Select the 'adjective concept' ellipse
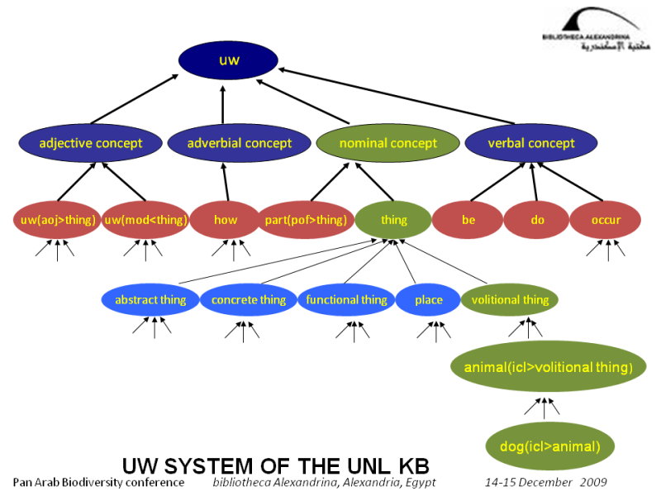pyautogui.click(x=91, y=143)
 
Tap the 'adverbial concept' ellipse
pyautogui.click(x=239, y=143)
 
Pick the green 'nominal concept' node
pyautogui.click(x=388, y=143)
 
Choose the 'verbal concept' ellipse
pyautogui.click(x=531, y=143)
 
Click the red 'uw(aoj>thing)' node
pyautogui.click(x=56, y=220)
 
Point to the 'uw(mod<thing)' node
pyautogui.click(x=146, y=220)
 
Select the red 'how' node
pyautogui.click(x=225, y=220)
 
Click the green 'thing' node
pyautogui.click(x=393, y=220)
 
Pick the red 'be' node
pyautogui.click(x=468, y=220)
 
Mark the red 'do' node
pyautogui.click(x=537, y=220)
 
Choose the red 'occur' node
pyautogui.click(x=606, y=220)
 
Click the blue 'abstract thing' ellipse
pyautogui.click(x=150, y=300)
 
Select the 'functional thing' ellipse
pyautogui.click(x=346, y=300)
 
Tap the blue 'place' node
pyautogui.click(x=428, y=300)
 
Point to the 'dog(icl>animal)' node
pyautogui.click(x=549, y=447)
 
